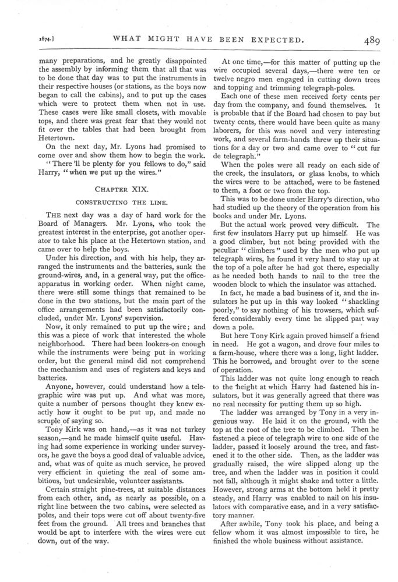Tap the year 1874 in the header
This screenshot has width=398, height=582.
tap(26, 41)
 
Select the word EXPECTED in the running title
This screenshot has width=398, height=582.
tap(273, 41)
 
